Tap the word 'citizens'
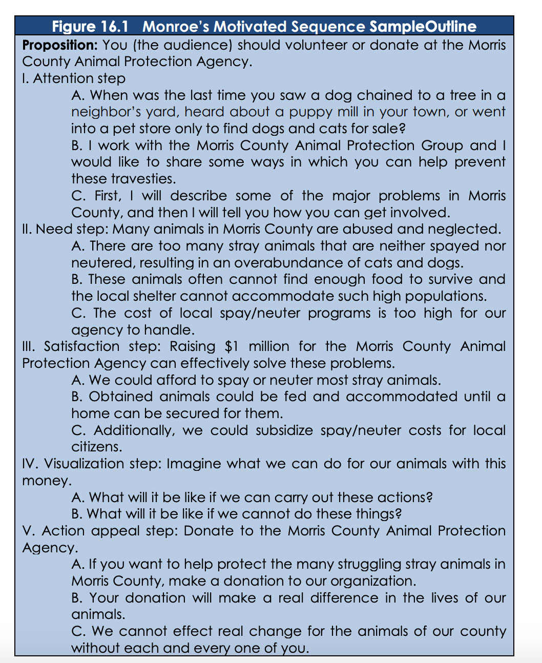(97, 447)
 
